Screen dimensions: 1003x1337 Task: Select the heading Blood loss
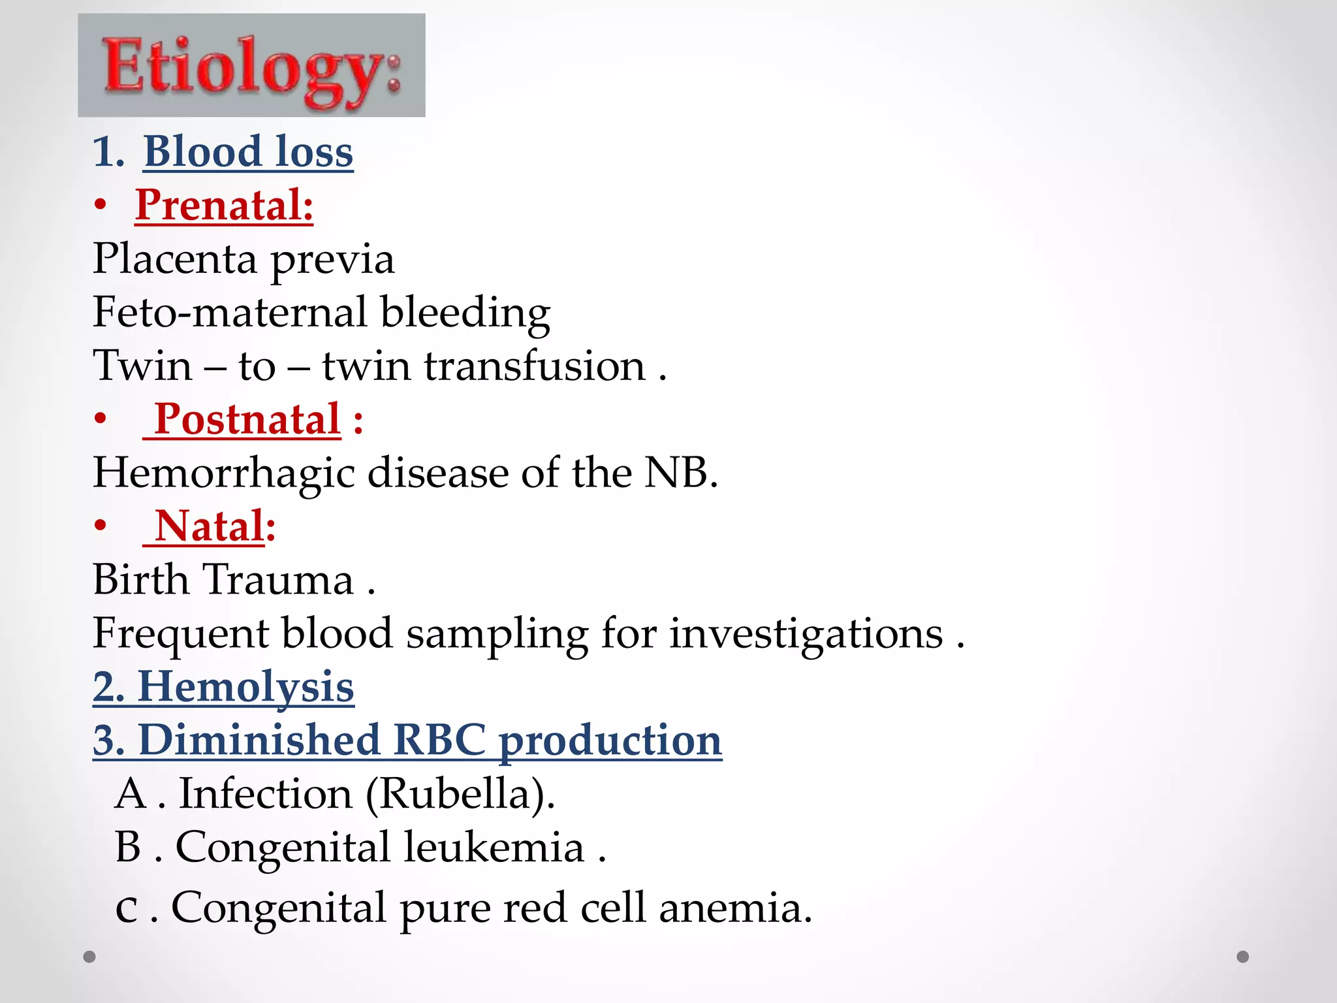tap(248, 151)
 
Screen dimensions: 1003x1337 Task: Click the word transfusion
tap(535, 366)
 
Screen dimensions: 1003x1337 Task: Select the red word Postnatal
tap(247, 419)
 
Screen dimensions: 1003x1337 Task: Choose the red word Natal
tap(210, 526)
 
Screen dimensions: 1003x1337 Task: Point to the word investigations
tap(806, 633)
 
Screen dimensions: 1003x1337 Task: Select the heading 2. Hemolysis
tap(223, 687)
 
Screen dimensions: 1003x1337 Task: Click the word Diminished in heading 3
tap(259, 740)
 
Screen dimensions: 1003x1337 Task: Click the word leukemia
tap(494, 848)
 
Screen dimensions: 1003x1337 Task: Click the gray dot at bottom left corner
tap(89, 957)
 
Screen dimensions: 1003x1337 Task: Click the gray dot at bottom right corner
tap(1243, 957)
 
